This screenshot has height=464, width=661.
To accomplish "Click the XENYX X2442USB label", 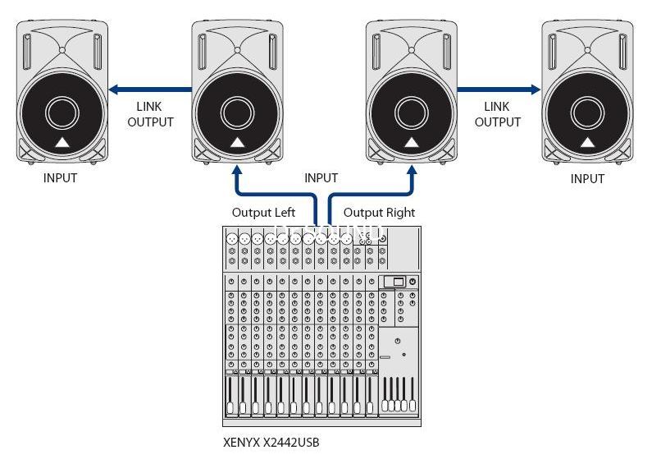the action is (271, 443).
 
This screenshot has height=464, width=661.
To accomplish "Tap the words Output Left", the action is (263, 213).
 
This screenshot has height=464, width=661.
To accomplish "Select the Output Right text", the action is (379, 213).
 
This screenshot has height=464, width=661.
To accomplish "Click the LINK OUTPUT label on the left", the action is (150, 114).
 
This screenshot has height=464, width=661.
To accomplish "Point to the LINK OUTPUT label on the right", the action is (498, 114).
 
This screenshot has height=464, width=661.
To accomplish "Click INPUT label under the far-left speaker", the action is (61, 178).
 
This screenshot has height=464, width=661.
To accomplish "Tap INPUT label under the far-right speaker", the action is (587, 178).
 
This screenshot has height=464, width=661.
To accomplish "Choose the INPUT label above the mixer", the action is (321, 178).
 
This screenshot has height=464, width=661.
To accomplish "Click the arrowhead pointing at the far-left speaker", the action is (113, 90).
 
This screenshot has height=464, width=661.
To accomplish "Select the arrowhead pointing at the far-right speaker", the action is (536, 90).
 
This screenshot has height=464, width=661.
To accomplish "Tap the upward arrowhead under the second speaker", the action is (237, 170).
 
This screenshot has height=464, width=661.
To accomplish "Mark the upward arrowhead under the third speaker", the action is (412, 170).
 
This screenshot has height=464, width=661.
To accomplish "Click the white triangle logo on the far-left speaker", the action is (62, 143).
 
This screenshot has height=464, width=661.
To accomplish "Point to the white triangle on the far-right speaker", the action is (588, 143).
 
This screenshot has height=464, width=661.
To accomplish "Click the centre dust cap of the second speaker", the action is (237, 113).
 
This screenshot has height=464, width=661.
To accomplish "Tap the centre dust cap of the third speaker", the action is (412, 113).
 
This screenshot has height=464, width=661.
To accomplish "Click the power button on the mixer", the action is (413, 282).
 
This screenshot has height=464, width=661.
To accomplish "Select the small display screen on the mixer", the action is (399, 282).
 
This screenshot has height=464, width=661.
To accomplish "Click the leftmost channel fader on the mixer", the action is (230, 395).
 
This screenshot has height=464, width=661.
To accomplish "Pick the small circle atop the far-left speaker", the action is (62, 50).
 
